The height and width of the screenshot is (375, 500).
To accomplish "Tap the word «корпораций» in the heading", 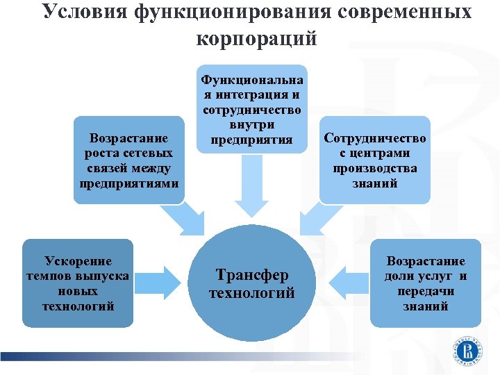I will [x=257, y=38].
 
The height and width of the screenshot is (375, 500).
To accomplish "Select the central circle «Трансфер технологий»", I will [x=252, y=283].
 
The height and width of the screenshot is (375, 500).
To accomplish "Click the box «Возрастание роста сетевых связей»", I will [x=129, y=160].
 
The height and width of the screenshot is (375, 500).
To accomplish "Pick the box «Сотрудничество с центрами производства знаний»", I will [x=375, y=160].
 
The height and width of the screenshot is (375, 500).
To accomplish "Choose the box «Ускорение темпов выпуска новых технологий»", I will [x=78, y=283].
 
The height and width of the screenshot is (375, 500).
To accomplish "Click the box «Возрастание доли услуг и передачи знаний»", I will [x=426, y=283].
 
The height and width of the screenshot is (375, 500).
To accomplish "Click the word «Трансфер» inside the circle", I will [x=252, y=274].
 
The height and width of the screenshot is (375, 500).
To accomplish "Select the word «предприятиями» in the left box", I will [x=129, y=184].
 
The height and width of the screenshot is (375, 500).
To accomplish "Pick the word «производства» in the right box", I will [x=375, y=169].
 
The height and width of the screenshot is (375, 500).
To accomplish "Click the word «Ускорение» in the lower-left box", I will [x=78, y=261].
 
